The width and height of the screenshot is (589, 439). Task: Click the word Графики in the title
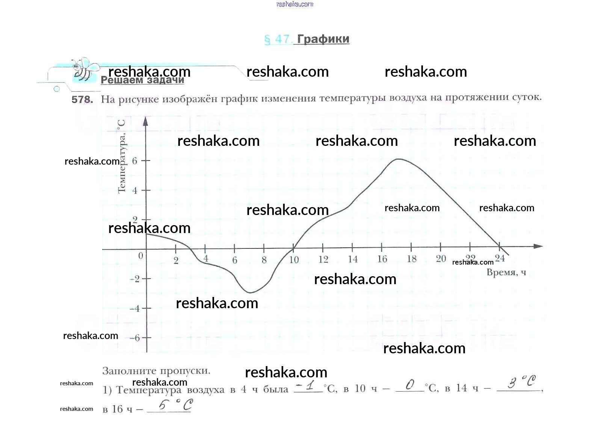323,39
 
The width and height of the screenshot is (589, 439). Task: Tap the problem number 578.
82,100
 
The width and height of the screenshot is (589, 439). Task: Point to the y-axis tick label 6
135,161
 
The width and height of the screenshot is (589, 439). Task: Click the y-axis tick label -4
134,309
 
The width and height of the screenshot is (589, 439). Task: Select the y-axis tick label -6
134,338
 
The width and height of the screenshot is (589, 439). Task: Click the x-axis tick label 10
294,260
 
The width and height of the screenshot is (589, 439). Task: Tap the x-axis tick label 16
382,259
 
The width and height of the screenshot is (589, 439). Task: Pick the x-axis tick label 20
441,259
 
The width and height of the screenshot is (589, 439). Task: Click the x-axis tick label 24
500,258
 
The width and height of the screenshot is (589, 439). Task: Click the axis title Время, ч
506,272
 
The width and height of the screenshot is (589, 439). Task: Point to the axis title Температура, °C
122,156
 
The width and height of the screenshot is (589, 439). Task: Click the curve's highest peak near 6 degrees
398,159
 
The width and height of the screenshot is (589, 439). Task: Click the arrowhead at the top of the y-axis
146,121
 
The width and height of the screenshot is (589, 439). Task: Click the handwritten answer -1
306,386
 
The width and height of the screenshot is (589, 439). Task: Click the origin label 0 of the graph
140,256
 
